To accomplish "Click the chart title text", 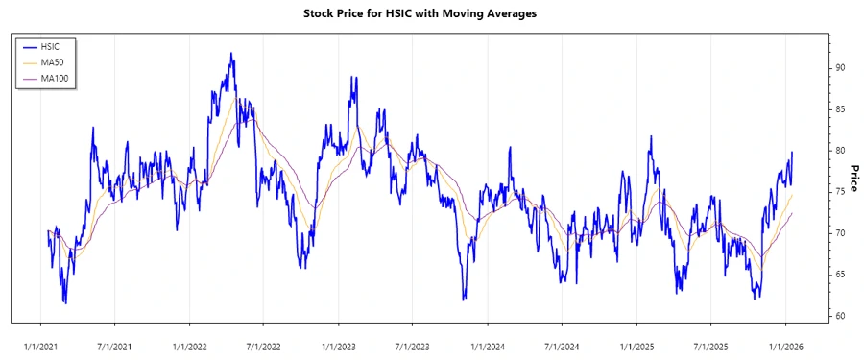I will [432, 13].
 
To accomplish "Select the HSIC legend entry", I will [51, 46].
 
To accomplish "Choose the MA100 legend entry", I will [54, 78].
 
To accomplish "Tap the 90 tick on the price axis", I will [840, 68].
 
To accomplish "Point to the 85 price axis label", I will [840, 109].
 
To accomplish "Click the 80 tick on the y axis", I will [840, 151].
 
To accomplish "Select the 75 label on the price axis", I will [840, 192].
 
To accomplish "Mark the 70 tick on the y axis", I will [840, 233].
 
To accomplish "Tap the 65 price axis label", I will [840, 275].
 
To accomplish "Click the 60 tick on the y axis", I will [840, 316].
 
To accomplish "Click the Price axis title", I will [853, 178].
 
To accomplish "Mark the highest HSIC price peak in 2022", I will [231, 54].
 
